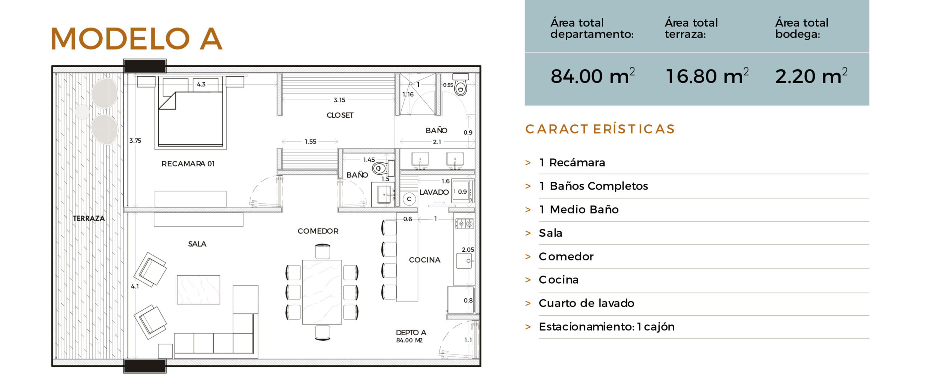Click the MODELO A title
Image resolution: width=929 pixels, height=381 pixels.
coord(136,38)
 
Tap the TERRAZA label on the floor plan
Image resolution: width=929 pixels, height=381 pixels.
coord(89,218)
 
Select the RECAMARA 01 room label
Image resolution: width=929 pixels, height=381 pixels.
coord(188,164)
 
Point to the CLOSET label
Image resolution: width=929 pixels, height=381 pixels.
coord(340,115)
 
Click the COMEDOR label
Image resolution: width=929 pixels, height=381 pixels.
coord(318,231)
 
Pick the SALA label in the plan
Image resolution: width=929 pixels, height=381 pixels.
coord(197,244)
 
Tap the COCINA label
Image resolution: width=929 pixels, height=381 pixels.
coord(425,260)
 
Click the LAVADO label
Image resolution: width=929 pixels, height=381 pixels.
coord(434,192)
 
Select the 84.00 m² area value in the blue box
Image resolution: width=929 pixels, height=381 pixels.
coord(593,76)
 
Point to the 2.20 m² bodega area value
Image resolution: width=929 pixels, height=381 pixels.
coord(811,76)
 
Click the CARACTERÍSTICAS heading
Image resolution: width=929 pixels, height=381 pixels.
coord(600,129)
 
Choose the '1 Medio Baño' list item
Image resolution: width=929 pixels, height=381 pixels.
coord(579,210)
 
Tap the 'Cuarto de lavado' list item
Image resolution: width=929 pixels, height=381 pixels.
coord(586,303)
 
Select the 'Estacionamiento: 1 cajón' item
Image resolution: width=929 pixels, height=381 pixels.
coord(607,327)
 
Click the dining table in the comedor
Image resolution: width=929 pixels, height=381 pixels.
coord(322,292)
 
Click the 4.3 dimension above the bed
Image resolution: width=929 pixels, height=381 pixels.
coord(201,84)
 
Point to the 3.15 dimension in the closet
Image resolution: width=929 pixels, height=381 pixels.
coord(339,100)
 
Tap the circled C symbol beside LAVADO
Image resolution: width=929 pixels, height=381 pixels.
coord(409,199)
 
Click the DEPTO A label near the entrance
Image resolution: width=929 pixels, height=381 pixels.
coord(411,333)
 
